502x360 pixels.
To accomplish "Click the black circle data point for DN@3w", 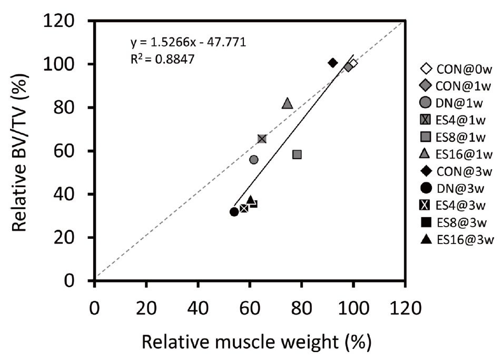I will pos(234,212).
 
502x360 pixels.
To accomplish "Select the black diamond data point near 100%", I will pos(332,63).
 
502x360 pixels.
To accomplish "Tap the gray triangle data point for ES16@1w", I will pos(287,103).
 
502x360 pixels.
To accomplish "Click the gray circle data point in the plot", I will pos(253,160).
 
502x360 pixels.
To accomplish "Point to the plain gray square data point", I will pos(297,154).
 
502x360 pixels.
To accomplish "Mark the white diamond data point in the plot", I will pos(353,63).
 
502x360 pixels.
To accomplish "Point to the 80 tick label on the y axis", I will pos(70,108).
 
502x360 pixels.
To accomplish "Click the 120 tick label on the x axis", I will pos(405,306).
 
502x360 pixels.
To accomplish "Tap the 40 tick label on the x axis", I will pos(198,306).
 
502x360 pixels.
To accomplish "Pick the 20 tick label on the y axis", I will pos(70,238).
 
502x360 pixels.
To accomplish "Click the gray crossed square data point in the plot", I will pos(262,139).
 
